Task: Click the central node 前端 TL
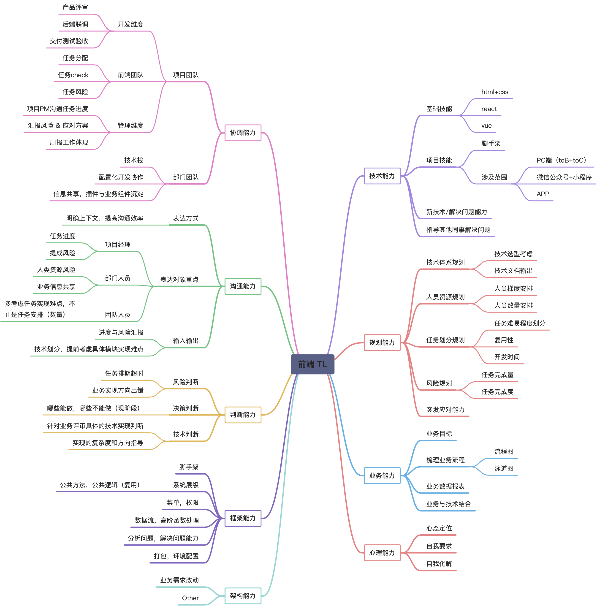point(312,364)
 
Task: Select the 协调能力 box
point(243,133)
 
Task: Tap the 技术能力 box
point(382,176)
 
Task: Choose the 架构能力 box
point(243,596)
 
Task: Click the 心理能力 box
point(382,553)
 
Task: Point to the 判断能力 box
point(243,415)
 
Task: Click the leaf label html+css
point(495,92)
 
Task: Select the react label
point(489,109)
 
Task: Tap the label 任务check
point(73,75)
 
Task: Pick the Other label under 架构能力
point(190,598)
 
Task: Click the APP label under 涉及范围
point(543,194)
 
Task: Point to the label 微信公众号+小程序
point(564,177)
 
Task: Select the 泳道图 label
point(504,468)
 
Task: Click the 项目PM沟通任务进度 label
point(57,109)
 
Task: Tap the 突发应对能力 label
point(445,410)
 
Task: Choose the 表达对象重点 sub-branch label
point(179,280)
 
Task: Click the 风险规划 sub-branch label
point(439,383)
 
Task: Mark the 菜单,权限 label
point(182,503)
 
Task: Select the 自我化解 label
point(439,564)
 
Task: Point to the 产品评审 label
point(75,7)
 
